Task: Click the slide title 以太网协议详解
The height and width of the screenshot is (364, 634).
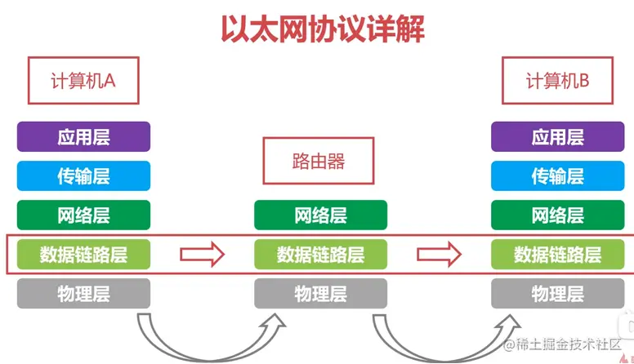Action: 322,29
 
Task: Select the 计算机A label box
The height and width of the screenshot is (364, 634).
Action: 83,80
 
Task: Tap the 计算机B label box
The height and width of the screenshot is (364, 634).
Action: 557,80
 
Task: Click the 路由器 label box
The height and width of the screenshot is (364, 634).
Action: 318,160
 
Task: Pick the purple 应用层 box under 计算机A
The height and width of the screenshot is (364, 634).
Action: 84,136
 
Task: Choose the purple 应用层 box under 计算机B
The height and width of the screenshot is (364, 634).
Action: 557,136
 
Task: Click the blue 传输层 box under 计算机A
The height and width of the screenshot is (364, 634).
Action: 84,175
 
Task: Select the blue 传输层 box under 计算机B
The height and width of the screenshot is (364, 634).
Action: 557,175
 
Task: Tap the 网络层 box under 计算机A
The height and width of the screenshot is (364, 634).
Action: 84,215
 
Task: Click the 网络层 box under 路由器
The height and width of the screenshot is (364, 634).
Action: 320,215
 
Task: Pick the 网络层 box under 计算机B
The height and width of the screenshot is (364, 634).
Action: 557,215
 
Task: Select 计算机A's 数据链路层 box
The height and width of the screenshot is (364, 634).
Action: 84,254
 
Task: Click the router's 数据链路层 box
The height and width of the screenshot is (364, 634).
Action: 320,254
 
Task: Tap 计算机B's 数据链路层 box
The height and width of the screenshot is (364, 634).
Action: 557,254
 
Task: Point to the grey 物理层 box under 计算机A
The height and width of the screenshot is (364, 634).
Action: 84,293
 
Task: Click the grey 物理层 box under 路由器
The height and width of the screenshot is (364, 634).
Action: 320,293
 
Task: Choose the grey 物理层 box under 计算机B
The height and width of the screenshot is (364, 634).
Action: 557,293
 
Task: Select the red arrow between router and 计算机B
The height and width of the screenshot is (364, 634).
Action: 439,254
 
